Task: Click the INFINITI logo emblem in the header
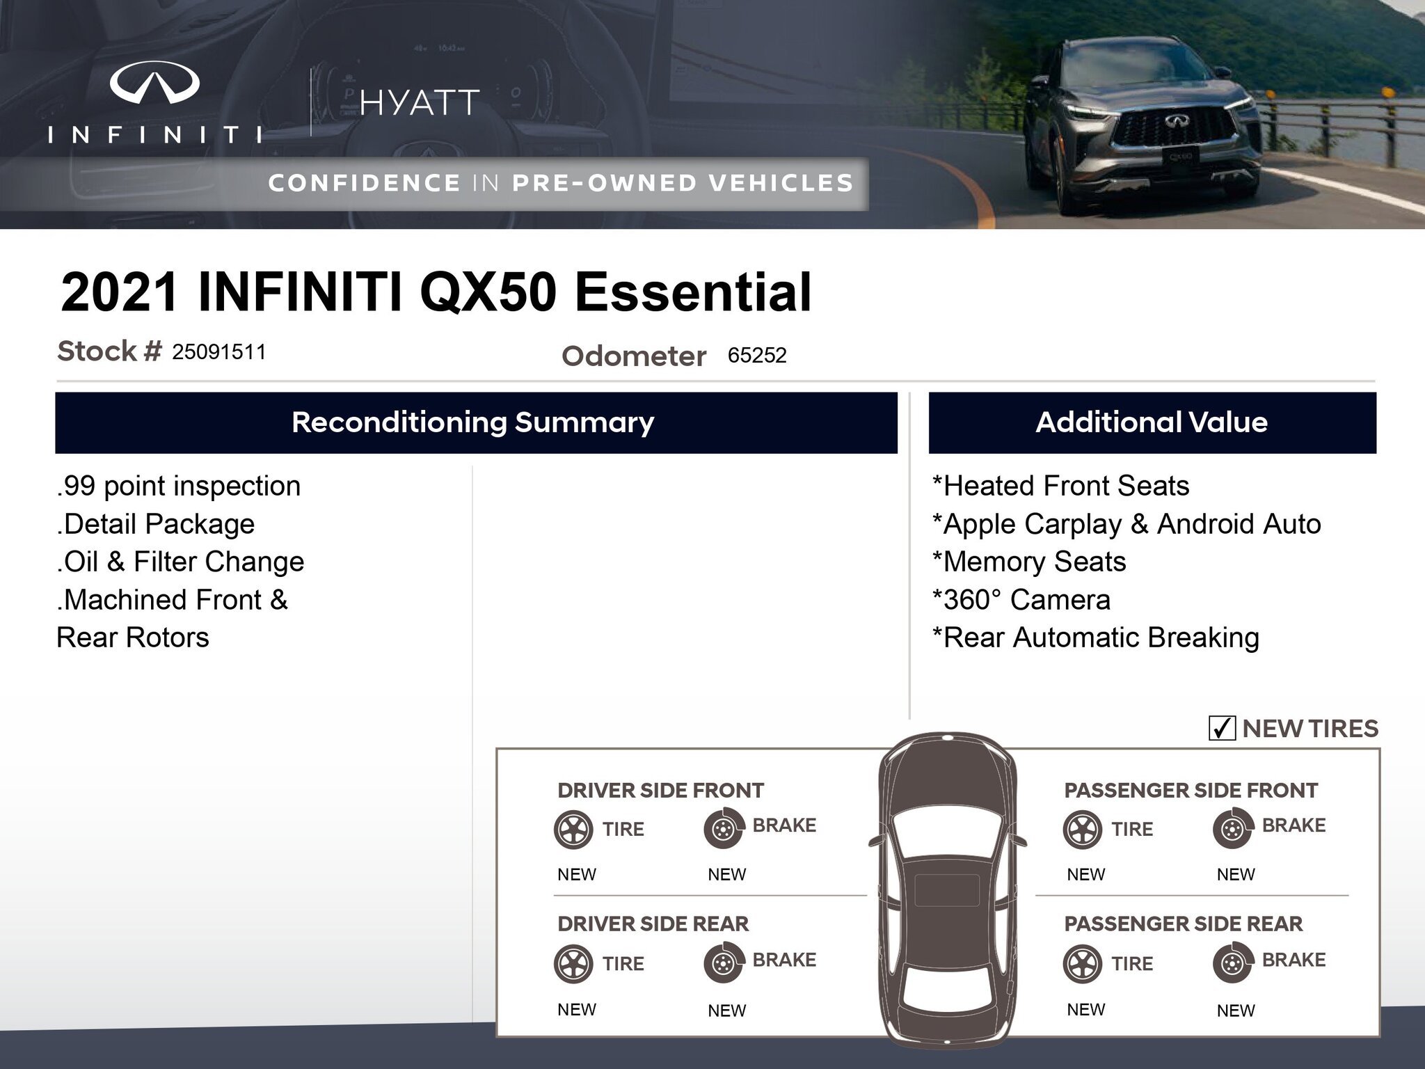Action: (154, 82)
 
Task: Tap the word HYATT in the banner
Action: (420, 103)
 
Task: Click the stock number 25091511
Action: (219, 352)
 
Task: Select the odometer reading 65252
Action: (757, 356)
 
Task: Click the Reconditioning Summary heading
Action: (473, 422)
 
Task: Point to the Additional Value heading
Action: (1152, 422)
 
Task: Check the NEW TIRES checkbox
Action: (1222, 728)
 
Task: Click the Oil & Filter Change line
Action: (181, 562)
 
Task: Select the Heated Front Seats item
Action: (1060, 486)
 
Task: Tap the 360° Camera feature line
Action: (1021, 600)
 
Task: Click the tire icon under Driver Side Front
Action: (573, 830)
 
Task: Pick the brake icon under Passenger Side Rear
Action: (1233, 963)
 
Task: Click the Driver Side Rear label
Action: (653, 924)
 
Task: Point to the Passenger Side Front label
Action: (1191, 790)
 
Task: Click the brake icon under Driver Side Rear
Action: (724, 963)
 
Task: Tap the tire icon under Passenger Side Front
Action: (1083, 830)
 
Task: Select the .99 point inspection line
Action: (179, 486)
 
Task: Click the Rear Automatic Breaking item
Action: (1096, 638)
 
